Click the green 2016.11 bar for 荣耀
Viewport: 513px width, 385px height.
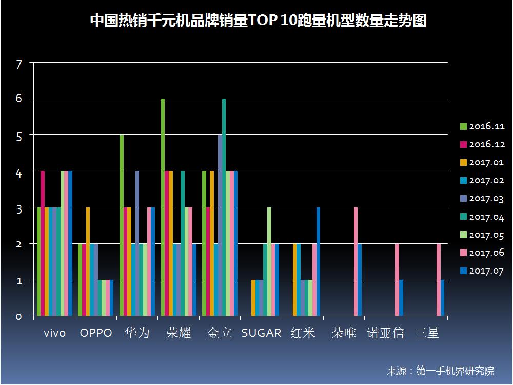click(163, 207)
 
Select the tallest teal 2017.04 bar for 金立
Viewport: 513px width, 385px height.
click(224, 207)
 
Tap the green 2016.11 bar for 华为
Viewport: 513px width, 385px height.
click(122, 226)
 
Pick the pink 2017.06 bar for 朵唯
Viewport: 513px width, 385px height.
click(356, 262)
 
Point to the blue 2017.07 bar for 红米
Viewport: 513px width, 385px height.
click(318, 262)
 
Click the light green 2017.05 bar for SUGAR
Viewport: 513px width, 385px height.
click(269, 262)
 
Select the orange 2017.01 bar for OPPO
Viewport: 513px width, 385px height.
click(88, 262)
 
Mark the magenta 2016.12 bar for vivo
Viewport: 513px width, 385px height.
click(43, 244)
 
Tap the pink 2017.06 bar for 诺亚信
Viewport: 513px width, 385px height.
click(397, 280)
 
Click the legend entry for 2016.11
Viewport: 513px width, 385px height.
click(482, 126)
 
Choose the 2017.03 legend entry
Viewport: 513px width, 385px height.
click(482, 199)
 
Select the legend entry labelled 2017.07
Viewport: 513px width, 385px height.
click(482, 271)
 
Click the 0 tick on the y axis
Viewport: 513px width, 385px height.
click(19, 317)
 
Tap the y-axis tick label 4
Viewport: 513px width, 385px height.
click(19, 173)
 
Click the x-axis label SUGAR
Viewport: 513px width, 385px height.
click(261, 333)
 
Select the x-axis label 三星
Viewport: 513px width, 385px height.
click(426, 333)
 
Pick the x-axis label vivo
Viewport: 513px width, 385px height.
click(54, 333)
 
